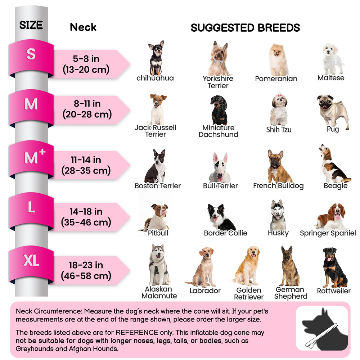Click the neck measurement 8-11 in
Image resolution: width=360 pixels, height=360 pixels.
pyautogui.click(x=87, y=104)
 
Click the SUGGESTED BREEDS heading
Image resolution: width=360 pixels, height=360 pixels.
pyautogui.click(x=245, y=28)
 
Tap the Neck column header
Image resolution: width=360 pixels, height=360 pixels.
pyautogui.click(x=83, y=27)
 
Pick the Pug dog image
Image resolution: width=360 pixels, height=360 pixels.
pyautogui.click(x=333, y=111)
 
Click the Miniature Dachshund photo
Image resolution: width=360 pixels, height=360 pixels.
pyautogui.click(x=219, y=110)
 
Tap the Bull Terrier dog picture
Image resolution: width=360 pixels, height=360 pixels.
pyautogui.click(x=220, y=168)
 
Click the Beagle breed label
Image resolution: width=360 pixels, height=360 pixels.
pyautogui.click(x=336, y=186)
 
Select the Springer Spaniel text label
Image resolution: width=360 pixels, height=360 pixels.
pyautogui.click(x=328, y=233)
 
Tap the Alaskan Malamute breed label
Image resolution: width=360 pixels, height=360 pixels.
pyautogui.click(x=159, y=292)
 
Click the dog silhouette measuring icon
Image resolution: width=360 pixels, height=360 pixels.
pyautogui.click(x=322, y=329)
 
